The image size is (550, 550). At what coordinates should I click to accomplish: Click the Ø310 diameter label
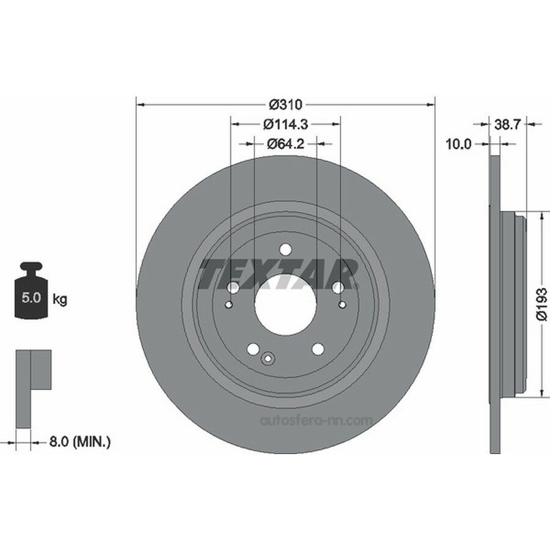(285, 104)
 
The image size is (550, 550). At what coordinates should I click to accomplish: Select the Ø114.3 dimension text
(285, 124)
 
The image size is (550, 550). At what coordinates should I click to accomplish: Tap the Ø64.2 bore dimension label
(285, 144)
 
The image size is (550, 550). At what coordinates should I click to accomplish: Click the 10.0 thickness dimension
(458, 144)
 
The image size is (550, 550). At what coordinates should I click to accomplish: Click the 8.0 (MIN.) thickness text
(80, 441)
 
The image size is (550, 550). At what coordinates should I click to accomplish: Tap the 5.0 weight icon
(31, 290)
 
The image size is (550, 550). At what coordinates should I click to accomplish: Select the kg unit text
(60, 300)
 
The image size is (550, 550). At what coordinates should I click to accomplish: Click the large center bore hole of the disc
(285, 304)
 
